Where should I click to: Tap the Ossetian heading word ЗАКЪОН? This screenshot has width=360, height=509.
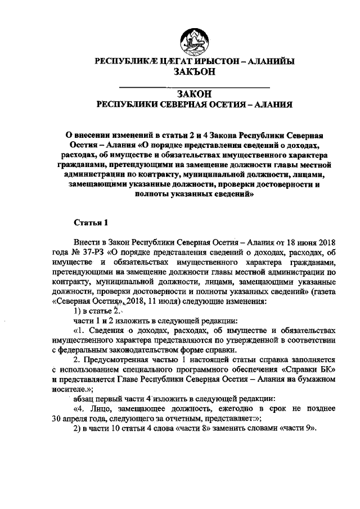pos(194,73)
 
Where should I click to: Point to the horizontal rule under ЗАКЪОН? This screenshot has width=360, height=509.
pos(194,86)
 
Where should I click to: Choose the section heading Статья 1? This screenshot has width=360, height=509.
pos(91,222)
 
